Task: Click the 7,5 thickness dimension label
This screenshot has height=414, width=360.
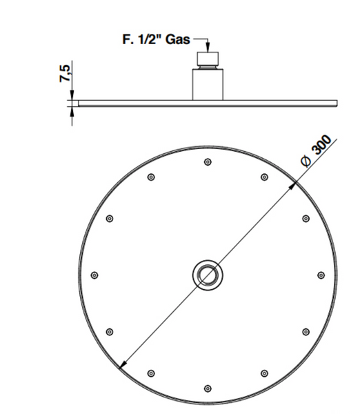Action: click(65, 73)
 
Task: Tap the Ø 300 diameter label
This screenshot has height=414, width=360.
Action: click(316, 151)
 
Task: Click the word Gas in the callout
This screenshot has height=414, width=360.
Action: click(178, 39)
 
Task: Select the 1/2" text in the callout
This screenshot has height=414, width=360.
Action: click(149, 39)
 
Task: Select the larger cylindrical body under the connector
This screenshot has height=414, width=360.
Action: click(208, 84)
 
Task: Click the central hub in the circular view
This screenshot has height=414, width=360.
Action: click(208, 275)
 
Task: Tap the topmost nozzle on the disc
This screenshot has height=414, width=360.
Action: click(208, 162)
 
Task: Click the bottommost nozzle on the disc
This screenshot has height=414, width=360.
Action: click(208, 388)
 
